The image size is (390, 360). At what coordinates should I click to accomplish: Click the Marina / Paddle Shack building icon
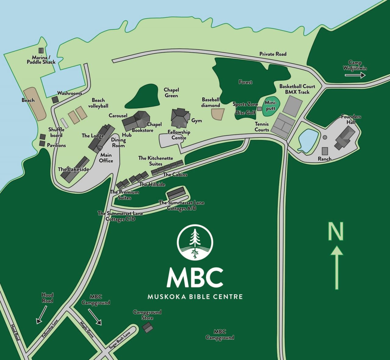coord(41,51)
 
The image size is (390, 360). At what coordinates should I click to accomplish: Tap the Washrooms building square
coord(55,100)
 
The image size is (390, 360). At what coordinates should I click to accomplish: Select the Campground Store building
coord(148,327)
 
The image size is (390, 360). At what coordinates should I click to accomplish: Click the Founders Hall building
coord(345,138)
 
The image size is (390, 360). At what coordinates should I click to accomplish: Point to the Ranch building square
coord(325,151)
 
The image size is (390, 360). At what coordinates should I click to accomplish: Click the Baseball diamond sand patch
coord(218,114)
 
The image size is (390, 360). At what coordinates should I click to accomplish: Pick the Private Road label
coord(273,54)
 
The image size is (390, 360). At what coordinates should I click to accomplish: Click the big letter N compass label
coord(335,231)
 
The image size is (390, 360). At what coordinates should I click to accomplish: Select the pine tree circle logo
coord(195,243)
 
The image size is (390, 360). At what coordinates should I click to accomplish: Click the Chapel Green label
coord(171,93)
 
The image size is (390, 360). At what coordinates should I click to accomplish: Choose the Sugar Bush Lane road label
coord(119,340)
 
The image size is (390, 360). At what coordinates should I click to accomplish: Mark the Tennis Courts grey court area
coord(283,126)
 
